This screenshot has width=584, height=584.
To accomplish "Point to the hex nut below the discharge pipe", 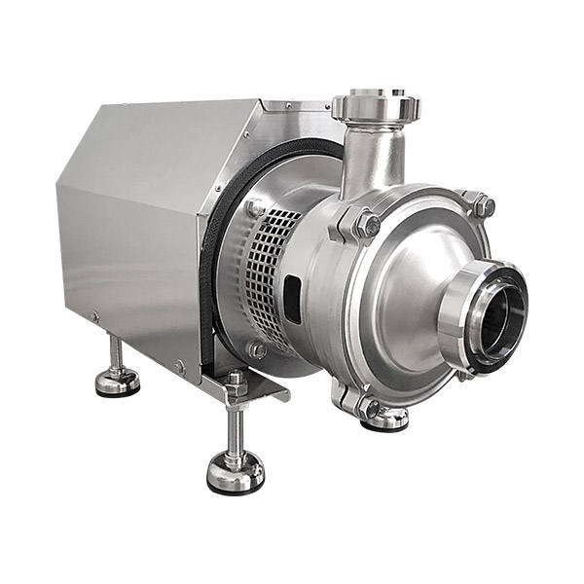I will (x=366, y=226).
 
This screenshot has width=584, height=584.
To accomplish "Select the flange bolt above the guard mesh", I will (x=254, y=207).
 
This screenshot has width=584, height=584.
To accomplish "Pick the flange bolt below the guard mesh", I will (x=257, y=349).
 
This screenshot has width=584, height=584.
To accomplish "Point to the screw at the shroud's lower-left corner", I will (x=95, y=316).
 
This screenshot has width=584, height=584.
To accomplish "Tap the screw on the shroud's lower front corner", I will (x=179, y=367).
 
